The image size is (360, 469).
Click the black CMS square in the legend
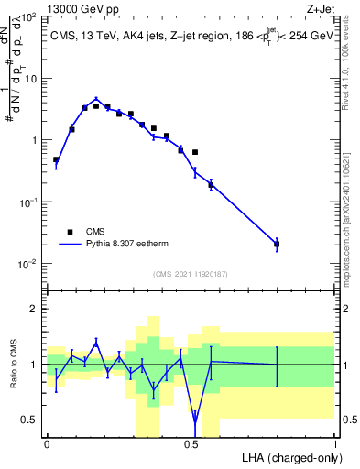click(69, 232)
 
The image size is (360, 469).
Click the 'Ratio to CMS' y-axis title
click(16, 364)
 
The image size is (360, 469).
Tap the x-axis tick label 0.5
click(191, 444)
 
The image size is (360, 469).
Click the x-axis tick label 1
click(334, 444)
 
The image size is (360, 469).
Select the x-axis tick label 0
click(47, 444)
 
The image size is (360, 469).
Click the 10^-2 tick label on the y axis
click(29, 264)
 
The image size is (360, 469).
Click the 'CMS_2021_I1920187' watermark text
click(190, 274)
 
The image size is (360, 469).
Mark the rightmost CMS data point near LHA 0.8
click(277, 244)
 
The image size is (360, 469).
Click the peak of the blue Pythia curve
click(96, 98)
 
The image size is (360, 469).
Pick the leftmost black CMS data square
click(56, 159)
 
